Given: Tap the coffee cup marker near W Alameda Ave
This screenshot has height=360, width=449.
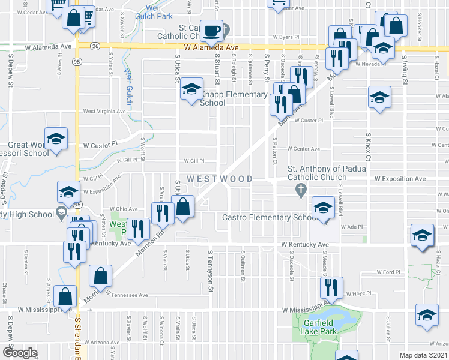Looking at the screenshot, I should click(x=211, y=30).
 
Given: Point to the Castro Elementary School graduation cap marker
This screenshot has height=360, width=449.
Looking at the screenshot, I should click(x=323, y=209).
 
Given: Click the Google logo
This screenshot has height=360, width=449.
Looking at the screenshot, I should click(x=20, y=353).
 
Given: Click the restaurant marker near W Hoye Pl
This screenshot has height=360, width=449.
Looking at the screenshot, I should click(x=331, y=289).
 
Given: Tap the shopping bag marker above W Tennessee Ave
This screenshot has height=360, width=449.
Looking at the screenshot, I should click(x=101, y=276).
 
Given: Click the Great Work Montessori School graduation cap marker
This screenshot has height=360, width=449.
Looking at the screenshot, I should click(x=56, y=139).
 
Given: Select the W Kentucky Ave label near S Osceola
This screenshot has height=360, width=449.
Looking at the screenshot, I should click(x=305, y=245).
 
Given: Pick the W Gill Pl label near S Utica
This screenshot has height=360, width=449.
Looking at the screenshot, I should click(x=193, y=161).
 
